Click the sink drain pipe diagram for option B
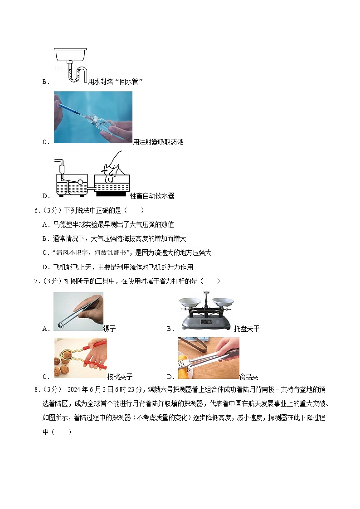(x=71, y=65)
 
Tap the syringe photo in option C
(x=93, y=117)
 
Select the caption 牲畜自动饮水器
(x=152, y=196)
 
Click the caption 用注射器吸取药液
(x=158, y=142)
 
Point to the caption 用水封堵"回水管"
(x=116, y=82)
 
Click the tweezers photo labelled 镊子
(x=78, y=311)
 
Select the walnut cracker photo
(x=80, y=358)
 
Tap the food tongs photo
(x=209, y=358)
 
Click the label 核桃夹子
(x=120, y=377)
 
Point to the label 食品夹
(x=248, y=377)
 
